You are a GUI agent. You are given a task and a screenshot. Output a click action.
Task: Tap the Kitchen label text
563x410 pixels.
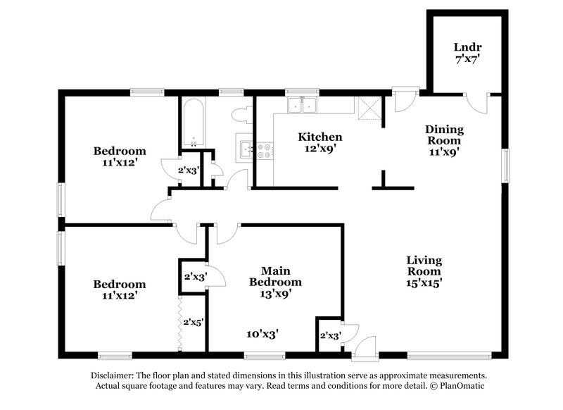pos(320,137)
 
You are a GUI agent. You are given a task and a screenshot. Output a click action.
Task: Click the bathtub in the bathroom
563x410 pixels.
pos(192,123)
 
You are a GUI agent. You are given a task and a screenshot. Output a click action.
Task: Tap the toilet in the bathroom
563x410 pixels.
pos(239,114)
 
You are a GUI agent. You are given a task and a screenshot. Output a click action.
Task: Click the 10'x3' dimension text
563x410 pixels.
pos(262,335)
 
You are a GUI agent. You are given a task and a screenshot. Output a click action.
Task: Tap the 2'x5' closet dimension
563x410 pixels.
pos(193,322)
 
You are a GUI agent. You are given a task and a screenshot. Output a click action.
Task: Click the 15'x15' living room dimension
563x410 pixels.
pos(424,282)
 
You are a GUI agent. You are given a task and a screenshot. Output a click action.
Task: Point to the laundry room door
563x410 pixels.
pos(479,102)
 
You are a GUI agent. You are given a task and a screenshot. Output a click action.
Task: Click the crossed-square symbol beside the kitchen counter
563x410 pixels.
pos(368,107)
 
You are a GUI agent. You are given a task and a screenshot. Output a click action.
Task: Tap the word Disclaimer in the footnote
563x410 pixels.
pos(115,375)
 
